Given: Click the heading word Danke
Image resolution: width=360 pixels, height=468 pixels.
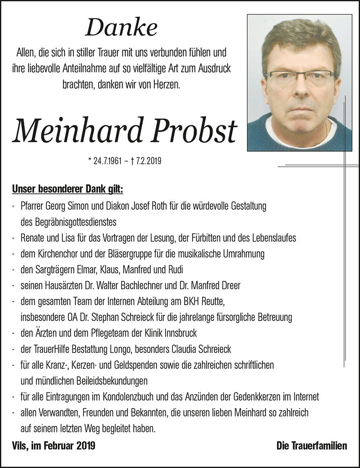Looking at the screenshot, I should click(121, 29).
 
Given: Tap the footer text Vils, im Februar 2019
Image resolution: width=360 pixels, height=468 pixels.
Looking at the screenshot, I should click(54, 446).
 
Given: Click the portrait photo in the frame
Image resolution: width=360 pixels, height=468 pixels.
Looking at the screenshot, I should click(299, 82).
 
